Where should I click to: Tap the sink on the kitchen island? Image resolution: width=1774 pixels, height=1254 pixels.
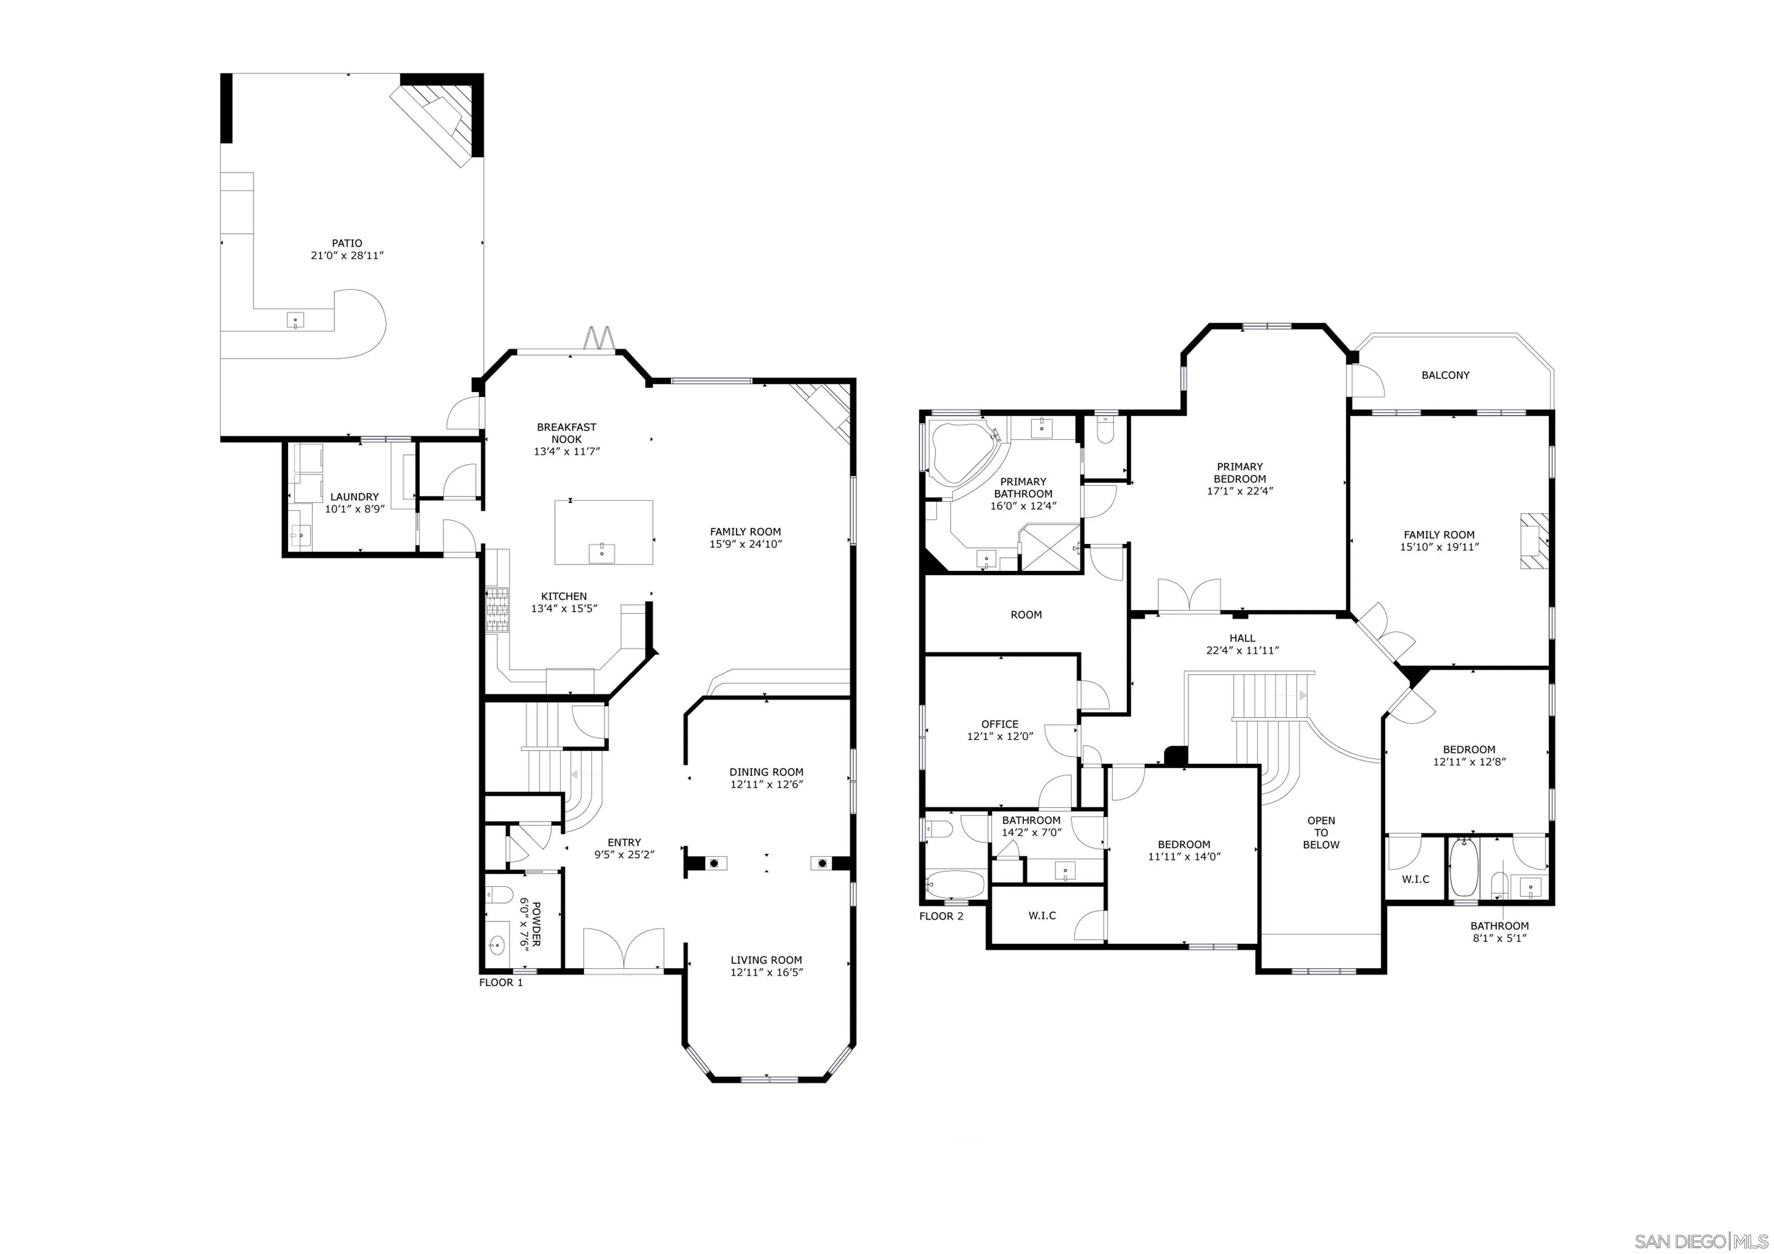coord(602,553)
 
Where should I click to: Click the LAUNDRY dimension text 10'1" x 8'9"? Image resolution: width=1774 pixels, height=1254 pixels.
coord(355,509)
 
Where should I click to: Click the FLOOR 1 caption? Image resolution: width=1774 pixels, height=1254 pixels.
coord(501,983)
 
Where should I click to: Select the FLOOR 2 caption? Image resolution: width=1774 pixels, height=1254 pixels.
coord(941,916)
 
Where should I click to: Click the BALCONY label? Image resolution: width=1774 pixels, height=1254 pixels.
coord(1445,375)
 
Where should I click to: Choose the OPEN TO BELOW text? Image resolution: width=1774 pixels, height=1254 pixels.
coord(1321,833)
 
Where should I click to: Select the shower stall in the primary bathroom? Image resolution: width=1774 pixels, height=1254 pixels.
coord(1049,547)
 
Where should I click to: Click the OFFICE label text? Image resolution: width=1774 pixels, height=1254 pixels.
coord(999,724)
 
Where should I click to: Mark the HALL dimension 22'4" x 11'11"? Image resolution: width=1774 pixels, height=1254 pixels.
coord(1242,651)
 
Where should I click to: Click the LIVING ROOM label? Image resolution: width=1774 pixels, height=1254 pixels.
coord(766,960)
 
